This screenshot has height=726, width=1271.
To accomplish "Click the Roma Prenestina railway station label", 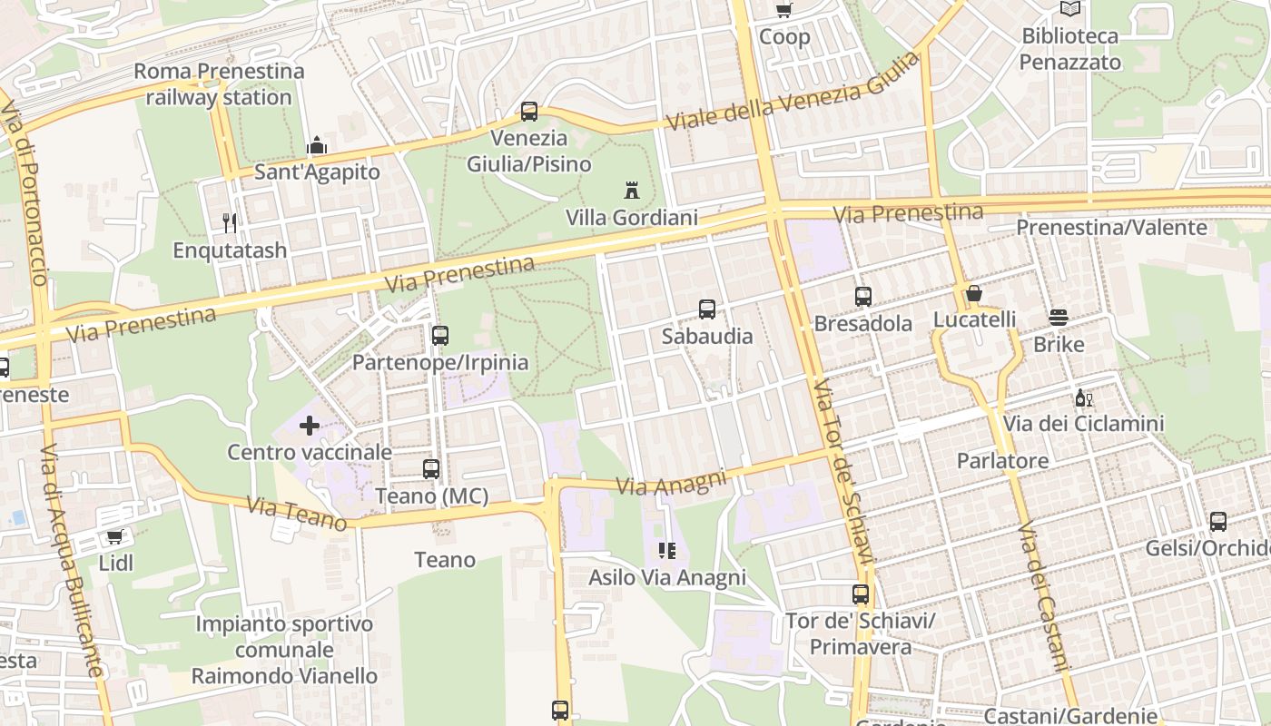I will [x=219, y=83].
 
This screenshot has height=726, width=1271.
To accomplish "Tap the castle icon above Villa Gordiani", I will [x=632, y=191].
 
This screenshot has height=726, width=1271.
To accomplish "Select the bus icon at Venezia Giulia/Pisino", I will [x=529, y=112].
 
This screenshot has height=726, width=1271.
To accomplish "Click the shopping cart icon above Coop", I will [x=783, y=10].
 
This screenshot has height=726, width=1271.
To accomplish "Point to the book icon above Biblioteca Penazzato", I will [x=1070, y=9].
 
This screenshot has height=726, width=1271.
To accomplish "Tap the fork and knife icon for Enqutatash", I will [x=230, y=222].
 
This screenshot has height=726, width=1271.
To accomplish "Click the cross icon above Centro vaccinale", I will [x=310, y=425].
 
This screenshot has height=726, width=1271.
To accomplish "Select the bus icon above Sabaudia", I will [x=707, y=309].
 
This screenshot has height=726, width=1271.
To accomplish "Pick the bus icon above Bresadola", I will [x=863, y=296].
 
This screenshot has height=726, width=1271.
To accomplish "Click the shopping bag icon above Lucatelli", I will [x=974, y=293].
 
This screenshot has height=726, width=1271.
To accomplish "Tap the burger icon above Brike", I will [x=1059, y=318].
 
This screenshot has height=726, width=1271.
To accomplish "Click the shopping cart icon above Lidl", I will [x=115, y=536].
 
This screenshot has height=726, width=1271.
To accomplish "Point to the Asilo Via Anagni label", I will [x=667, y=577].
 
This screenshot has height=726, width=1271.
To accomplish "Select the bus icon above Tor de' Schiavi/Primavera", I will [x=861, y=594].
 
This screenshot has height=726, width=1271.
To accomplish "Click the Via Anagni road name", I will [x=672, y=482].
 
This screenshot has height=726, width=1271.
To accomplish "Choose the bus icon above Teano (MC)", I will [x=431, y=469].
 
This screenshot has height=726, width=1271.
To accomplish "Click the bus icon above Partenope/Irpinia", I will [x=440, y=336].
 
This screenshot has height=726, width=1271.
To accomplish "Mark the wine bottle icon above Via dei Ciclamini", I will [x=1083, y=397].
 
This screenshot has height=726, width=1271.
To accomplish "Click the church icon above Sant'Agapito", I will [x=317, y=145].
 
